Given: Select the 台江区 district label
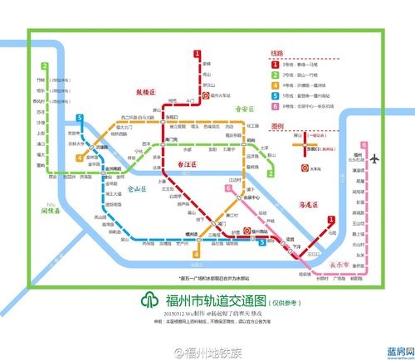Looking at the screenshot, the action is coord(190,167).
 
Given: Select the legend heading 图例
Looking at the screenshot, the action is coord(277,125).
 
